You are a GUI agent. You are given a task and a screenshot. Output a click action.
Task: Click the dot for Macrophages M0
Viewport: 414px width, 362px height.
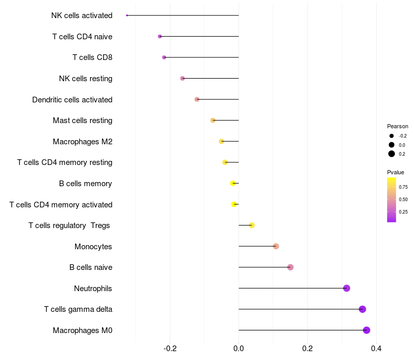pyautogui.click(x=366, y=330)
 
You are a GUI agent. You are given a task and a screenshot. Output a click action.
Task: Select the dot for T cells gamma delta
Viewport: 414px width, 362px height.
pyautogui.click(x=362, y=309)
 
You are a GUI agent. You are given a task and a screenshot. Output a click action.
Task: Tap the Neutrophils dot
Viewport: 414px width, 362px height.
pyautogui.click(x=347, y=288)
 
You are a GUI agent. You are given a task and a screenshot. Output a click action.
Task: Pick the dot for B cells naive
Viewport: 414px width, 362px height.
pyautogui.click(x=290, y=267)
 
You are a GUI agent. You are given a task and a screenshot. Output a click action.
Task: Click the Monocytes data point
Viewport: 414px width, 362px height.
pyautogui.click(x=276, y=246)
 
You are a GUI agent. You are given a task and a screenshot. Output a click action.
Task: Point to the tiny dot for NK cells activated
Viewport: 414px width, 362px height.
pyautogui.click(x=127, y=16)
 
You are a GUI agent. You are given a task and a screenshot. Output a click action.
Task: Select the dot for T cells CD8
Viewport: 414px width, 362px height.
pyautogui.click(x=164, y=57)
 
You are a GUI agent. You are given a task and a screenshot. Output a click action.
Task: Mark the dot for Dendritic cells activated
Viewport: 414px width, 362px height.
pyautogui.click(x=197, y=99)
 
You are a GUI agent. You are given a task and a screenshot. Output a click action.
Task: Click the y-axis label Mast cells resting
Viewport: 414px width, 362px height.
pyautogui.click(x=82, y=120)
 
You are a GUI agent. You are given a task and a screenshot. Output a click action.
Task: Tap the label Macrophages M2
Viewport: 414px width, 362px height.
pyautogui.click(x=82, y=142)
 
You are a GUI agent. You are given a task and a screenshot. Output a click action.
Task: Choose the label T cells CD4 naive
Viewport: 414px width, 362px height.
pyautogui.click(x=82, y=37)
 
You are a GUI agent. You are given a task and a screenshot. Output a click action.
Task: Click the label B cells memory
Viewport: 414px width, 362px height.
pyautogui.click(x=85, y=184)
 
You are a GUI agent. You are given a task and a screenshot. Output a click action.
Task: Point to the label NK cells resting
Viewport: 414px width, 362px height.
pyautogui.click(x=85, y=79)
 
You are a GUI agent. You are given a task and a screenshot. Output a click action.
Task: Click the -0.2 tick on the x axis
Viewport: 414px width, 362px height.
pyautogui.click(x=170, y=349)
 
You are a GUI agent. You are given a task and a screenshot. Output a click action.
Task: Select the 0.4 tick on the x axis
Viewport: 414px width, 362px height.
pyautogui.click(x=376, y=349)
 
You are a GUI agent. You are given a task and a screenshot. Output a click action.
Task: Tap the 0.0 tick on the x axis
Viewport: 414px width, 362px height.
pyautogui.click(x=239, y=349)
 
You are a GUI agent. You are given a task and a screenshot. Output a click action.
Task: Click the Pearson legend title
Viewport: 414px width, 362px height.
pyautogui.click(x=397, y=126)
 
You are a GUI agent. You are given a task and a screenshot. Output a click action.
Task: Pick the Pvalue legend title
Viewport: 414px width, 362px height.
pyautogui.click(x=395, y=172)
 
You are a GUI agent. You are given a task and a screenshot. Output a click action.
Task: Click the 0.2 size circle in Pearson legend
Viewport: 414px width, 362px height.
pyautogui.click(x=392, y=154)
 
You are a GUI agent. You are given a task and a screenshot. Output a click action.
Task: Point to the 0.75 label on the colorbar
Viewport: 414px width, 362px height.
pyautogui.click(x=403, y=187)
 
